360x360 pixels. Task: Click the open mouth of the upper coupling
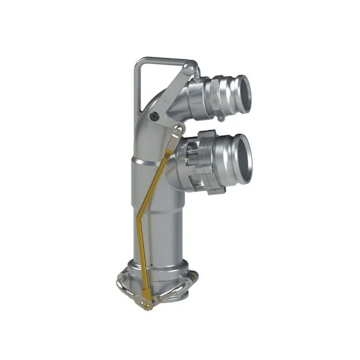pos(242,89)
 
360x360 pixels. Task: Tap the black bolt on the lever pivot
pos(155,117)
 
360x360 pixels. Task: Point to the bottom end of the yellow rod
pos(146,304)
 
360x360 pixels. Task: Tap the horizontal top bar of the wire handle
pos(161,59)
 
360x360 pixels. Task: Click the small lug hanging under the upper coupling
pos(220,118)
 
